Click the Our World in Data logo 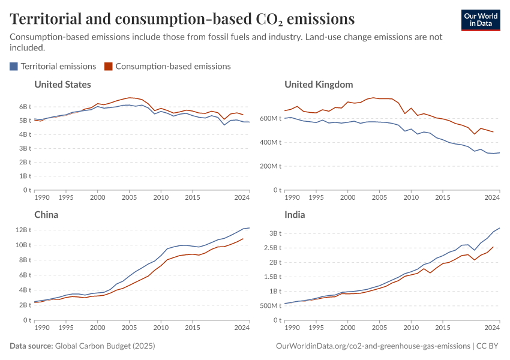click(x=480, y=20)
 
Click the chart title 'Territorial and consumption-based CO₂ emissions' click(x=182, y=19)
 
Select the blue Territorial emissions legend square click(x=14, y=67)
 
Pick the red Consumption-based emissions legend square click(x=109, y=67)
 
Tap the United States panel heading click(x=62, y=85)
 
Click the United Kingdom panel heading click(x=319, y=85)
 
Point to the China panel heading click(x=46, y=215)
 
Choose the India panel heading click(x=295, y=215)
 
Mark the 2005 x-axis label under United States click(x=129, y=197)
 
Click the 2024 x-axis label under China click(x=242, y=328)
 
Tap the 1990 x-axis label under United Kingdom click(x=292, y=197)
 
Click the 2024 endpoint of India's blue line click(x=499, y=228)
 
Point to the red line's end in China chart click(x=243, y=239)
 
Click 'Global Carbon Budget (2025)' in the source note click(x=104, y=346)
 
